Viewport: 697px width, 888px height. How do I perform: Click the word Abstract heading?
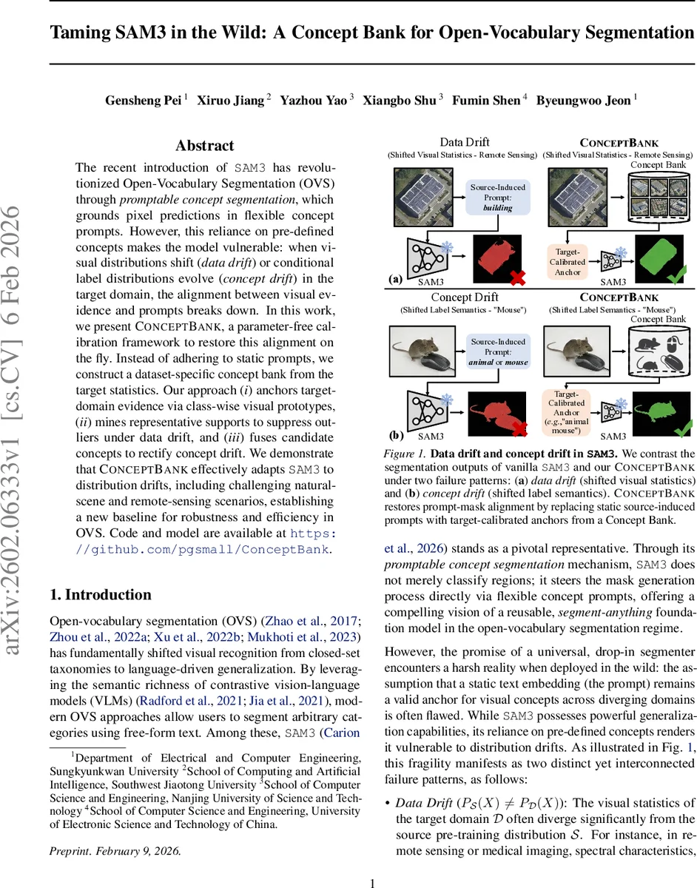(204, 146)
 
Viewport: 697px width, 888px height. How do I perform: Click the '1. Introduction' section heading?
(100, 594)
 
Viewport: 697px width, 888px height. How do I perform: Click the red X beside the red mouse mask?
(519, 429)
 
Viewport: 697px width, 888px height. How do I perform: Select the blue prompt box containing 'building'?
(498, 198)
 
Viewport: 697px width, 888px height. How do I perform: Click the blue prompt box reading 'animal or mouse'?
(498, 352)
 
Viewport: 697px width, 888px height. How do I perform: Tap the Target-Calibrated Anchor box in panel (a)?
(568, 262)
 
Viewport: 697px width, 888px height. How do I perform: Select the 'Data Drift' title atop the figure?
(465, 142)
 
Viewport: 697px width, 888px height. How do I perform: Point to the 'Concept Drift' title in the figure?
(465, 297)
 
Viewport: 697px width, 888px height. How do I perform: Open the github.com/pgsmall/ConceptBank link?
(203, 549)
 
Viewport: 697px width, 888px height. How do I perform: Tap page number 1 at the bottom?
(373, 862)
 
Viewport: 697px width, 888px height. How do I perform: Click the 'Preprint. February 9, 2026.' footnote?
(115, 830)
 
